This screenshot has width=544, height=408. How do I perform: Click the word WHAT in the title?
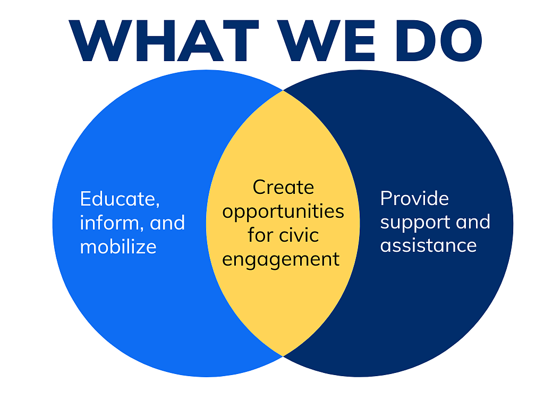(x=164, y=40)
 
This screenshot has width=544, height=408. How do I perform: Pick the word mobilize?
(x=118, y=246)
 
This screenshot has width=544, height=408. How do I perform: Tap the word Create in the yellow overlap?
(x=284, y=188)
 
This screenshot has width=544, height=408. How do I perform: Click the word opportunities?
(x=283, y=212)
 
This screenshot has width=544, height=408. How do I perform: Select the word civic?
(x=299, y=235)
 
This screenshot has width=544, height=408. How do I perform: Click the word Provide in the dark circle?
(x=414, y=198)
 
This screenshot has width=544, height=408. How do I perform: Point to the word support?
(x=415, y=223)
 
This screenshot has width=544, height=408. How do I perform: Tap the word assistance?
(x=429, y=245)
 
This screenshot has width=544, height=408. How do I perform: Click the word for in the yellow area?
(x=260, y=235)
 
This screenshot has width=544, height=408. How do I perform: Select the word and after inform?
(x=167, y=223)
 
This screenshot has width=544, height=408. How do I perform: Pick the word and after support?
(x=473, y=222)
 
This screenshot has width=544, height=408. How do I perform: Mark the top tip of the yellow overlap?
(x=283, y=90)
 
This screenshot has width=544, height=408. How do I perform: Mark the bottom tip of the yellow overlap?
(x=283, y=356)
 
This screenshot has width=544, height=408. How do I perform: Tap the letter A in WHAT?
(x=200, y=40)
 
